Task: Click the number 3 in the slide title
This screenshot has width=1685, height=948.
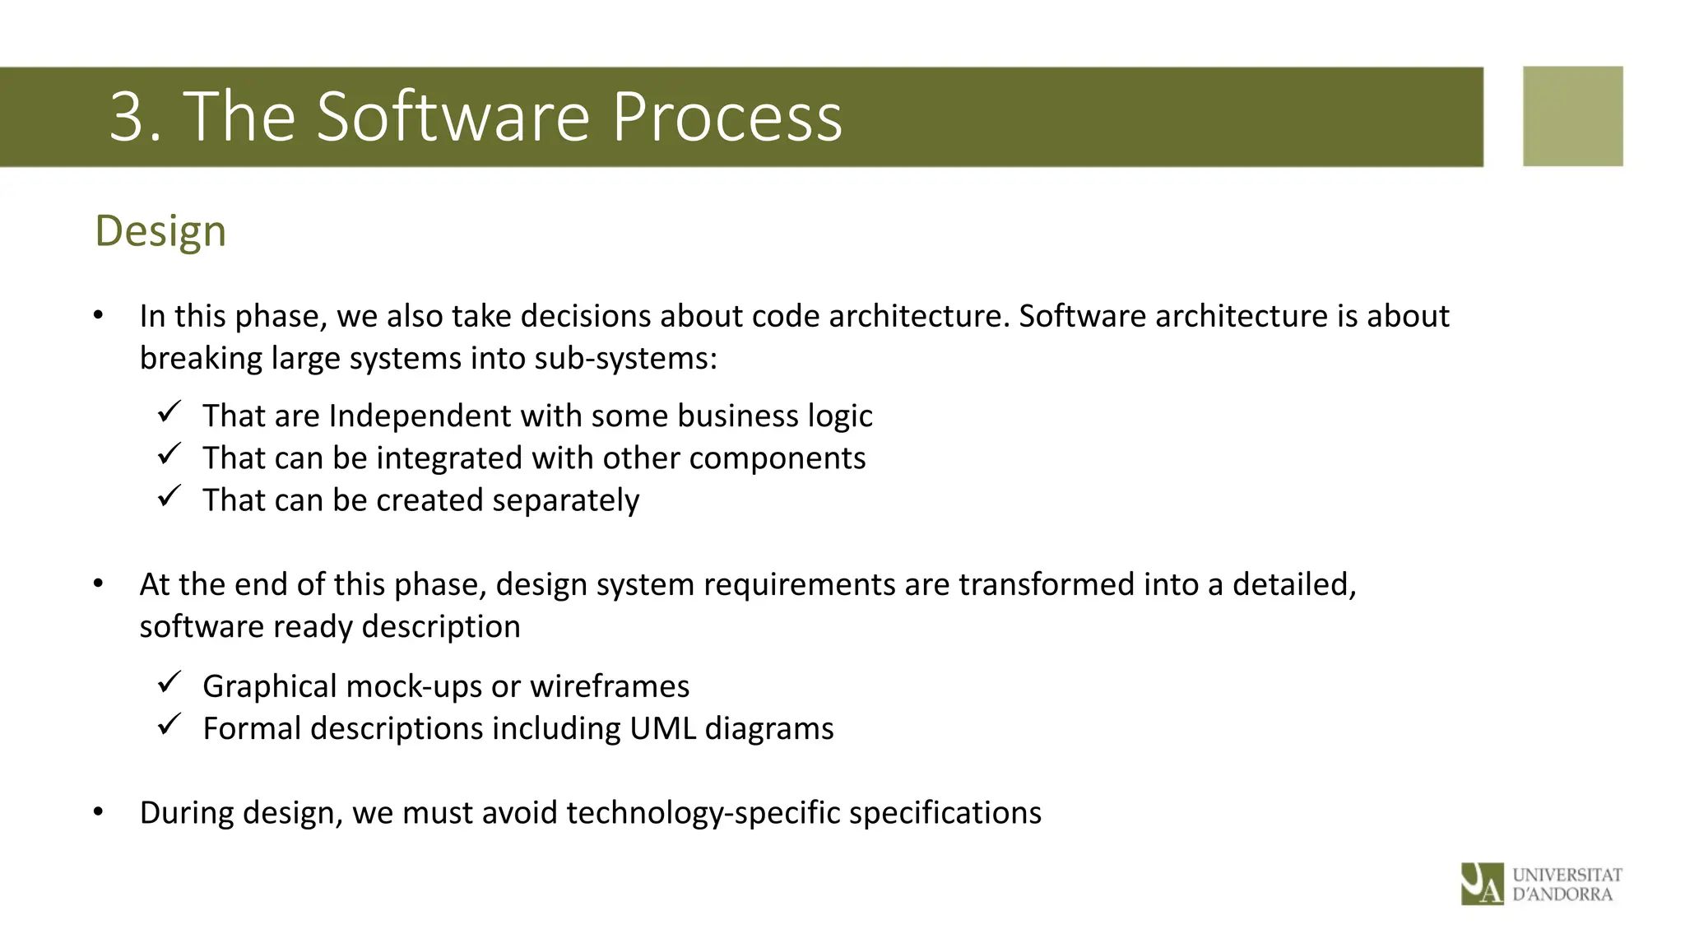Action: coord(128,117)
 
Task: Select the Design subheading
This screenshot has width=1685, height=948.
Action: coord(160,230)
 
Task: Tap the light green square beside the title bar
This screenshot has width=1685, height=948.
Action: coord(1572,116)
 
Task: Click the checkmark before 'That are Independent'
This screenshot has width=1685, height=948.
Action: coord(169,411)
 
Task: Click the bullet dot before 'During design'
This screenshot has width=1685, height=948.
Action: coord(99,812)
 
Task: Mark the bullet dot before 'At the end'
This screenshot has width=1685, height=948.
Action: coord(99,584)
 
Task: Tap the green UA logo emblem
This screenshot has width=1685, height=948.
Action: coord(1482,884)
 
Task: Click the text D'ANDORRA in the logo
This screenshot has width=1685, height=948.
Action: coord(1562,895)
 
